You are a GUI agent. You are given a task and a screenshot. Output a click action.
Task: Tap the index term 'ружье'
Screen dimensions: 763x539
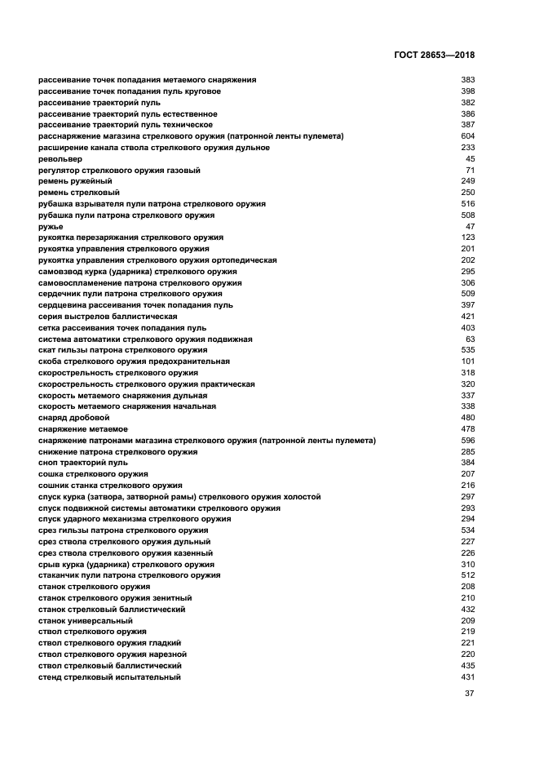(51, 227)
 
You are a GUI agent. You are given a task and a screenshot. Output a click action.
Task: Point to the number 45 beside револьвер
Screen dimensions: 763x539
(470, 159)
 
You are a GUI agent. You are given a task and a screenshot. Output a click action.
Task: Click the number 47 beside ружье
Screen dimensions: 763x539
(470, 227)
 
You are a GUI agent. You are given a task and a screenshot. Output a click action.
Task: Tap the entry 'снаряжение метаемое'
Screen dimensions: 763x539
(82, 429)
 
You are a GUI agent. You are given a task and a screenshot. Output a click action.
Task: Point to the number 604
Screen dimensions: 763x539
(467, 136)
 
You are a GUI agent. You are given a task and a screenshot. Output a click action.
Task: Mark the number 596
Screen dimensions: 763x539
(467, 441)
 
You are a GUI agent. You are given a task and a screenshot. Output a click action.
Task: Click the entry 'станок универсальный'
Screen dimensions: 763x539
(85, 621)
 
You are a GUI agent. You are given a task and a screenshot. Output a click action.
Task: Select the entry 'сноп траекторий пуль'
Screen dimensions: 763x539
(83, 463)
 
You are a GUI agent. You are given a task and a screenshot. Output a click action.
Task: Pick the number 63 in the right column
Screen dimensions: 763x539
(470, 339)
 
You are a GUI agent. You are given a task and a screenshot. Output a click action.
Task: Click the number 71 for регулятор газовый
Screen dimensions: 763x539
(470, 171)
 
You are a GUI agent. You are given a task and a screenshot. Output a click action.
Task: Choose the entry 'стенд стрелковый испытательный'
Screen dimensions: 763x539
(109, 677)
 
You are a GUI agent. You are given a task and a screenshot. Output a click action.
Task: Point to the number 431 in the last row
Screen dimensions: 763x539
(467, 677)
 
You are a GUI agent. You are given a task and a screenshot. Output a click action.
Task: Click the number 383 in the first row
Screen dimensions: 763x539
(467, 80)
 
